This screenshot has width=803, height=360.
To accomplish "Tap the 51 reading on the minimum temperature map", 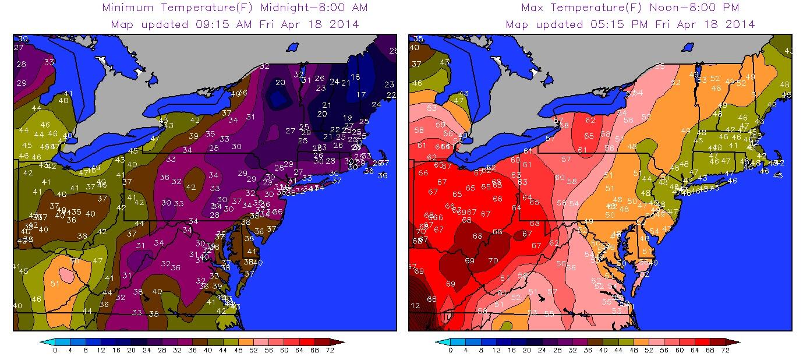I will pos(55,284).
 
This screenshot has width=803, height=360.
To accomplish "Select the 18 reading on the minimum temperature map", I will pos(355,77).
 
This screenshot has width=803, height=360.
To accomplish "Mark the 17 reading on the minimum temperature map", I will pos(361,94).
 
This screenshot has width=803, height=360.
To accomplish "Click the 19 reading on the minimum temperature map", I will pos(347,118).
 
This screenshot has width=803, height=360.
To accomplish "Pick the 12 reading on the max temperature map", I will pos(415,306).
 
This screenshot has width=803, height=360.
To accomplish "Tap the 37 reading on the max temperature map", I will pos(416,64).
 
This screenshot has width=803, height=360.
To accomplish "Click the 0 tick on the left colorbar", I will pos(55,350).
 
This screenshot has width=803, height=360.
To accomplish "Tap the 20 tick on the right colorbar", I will pos(527,350).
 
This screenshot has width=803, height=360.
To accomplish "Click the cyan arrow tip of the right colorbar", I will pos(438,342).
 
